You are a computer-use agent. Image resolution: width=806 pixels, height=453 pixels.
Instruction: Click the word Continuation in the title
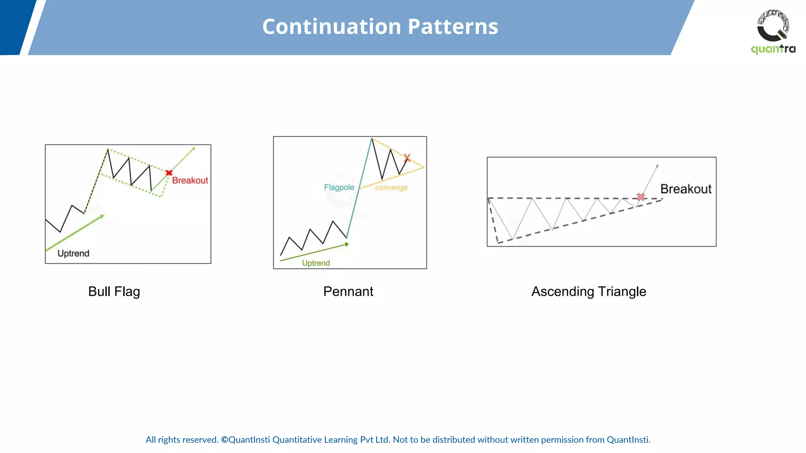331,27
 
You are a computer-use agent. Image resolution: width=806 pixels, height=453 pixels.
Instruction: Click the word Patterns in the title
453,27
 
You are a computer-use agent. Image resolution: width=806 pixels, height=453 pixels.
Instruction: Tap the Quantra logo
773,31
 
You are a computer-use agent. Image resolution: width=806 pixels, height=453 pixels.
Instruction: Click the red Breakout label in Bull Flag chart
190,180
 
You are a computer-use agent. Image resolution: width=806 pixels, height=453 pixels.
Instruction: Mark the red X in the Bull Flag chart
169,173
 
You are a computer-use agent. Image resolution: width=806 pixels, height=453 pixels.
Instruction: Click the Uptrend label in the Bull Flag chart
73,254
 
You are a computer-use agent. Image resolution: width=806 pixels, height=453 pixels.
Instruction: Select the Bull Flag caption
114,291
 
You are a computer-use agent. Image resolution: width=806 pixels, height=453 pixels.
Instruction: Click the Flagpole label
339,188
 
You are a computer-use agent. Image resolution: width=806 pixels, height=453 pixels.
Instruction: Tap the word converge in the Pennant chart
391,188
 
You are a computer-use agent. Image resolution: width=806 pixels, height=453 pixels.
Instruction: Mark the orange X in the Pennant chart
407,158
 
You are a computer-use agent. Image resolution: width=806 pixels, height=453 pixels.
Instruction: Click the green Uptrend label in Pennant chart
316,263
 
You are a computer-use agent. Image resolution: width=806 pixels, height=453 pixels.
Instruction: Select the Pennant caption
348,291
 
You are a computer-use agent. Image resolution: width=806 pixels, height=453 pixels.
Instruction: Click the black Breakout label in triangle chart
686,189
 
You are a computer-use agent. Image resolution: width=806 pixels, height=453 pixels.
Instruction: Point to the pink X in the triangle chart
641,197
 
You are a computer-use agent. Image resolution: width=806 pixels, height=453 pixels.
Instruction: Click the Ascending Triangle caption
588,291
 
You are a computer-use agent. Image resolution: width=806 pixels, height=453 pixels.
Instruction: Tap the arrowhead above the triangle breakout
657,166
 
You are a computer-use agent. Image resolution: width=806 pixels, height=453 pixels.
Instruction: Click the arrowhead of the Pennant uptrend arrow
346,245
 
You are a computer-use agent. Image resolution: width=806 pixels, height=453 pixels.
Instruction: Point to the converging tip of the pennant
424,168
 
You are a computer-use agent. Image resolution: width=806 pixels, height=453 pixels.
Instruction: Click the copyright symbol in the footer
224,440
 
